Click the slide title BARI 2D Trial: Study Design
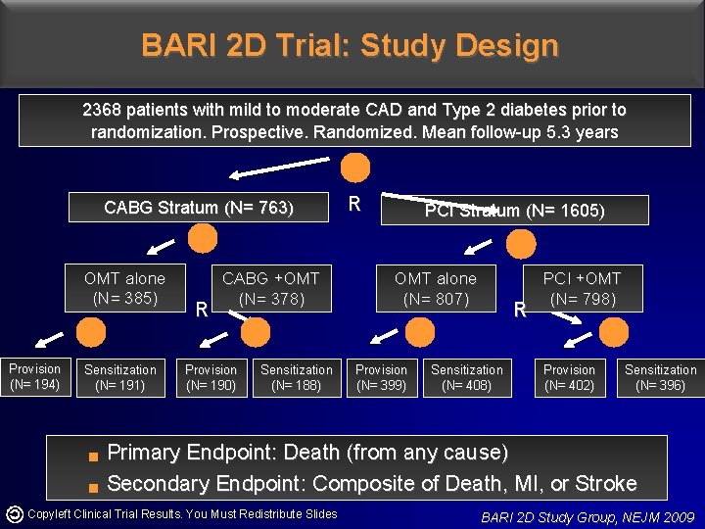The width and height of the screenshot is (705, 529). [x=350, y=45]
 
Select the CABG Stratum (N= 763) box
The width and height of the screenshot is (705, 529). [x=199, y=208]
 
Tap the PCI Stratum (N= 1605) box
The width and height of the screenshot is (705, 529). [x=514, y=211]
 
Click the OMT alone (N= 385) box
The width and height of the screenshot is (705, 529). [x=124, y=288]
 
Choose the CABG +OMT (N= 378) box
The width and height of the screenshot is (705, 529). [x=270, y=288]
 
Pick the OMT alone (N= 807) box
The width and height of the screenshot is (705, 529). [x=435, y=288]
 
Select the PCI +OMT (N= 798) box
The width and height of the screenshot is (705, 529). [x=582, y=288]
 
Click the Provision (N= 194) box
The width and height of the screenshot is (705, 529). [x=35, y=377]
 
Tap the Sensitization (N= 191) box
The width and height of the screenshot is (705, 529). [x=120, y=377]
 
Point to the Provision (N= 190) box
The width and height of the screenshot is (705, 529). [x=211, y=377]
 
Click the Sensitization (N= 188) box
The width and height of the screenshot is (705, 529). [x=297, y=377]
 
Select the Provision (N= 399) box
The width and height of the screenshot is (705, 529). [x=381, y=377]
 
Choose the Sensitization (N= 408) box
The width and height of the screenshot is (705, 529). [x=467, y=377]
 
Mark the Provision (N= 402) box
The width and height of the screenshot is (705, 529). [x=569, y=377]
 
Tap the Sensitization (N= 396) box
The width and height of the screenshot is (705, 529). [x=661, y=377]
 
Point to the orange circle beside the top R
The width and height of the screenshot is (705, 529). [x=354, y=168]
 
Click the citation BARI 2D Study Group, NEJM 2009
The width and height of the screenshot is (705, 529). [x=587, y=517]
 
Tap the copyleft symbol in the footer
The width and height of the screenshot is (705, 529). [x=14, y=514]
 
